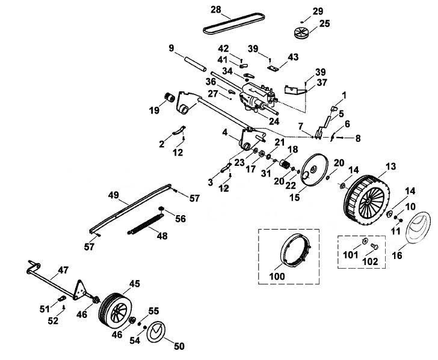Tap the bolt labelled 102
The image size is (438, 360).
(x=374, y=246)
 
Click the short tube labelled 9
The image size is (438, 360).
(x=195, y=64)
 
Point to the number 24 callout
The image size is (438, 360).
(x=274, y=121)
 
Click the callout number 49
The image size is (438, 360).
(x=113, y=195)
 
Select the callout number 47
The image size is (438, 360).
(x=63, y=270)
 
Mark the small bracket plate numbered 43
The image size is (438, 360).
(x=274, y=69)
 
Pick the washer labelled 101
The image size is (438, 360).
(x=365, y=240)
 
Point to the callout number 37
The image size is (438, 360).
(x=322, y=82)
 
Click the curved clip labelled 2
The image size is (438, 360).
(x=179, y=130)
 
